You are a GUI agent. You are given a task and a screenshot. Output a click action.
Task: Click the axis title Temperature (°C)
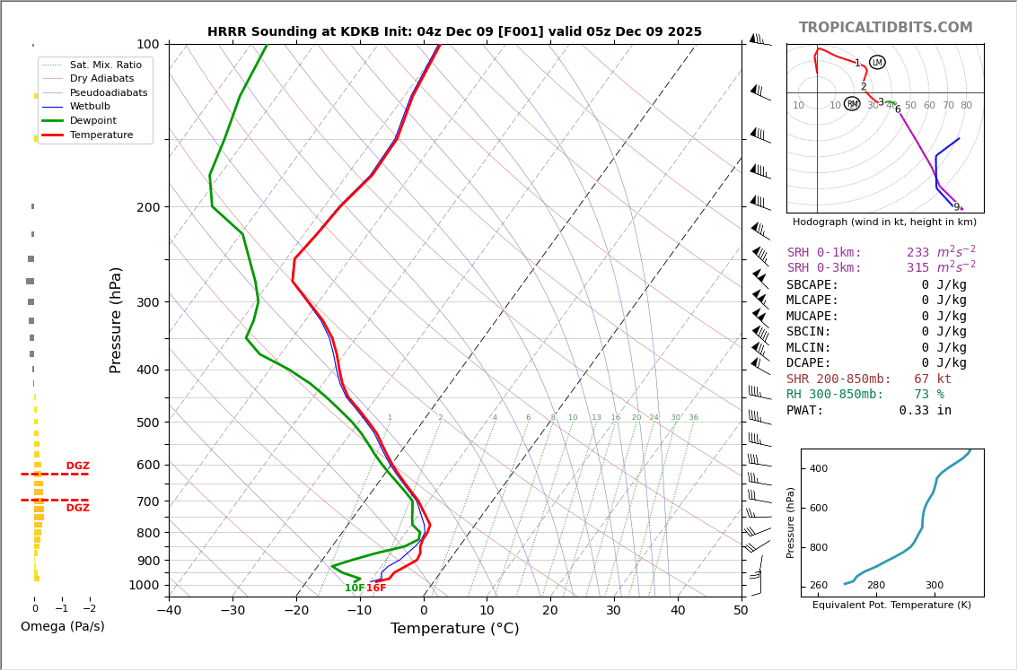pyautogui.click(x=454, y=629)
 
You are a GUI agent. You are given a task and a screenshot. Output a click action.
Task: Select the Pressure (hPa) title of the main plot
pyautogui.click(x=116, y=319)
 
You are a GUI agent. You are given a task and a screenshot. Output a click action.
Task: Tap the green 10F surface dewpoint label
pyautogui.click(x=355, y=588)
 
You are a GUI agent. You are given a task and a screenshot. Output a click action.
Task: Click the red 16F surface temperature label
pyautogui.click(x=376, y=588)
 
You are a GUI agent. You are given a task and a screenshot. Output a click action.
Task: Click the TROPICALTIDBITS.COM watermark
pyautogui.click(x=885, y=28)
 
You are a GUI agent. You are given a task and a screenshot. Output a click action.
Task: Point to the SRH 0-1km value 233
pyautogui.click(x=917, y=253)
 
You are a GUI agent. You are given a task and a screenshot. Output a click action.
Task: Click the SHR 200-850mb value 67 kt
pyautogui.click(x=932, y=379)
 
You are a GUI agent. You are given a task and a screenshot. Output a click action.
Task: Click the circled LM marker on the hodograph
pyautogui.click(x=877, y=63)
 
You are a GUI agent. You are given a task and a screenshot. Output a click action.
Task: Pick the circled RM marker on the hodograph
pyautogui.click(x=852, y=104)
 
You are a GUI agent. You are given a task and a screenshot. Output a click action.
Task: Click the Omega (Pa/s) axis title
pyautogui.click(x=62, y=626)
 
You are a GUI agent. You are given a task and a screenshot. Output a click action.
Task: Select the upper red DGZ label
pyautogui.click(x=77, y=466)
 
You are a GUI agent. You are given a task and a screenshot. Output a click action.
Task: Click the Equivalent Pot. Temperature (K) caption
pyautogui.click(x=891, y=606)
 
